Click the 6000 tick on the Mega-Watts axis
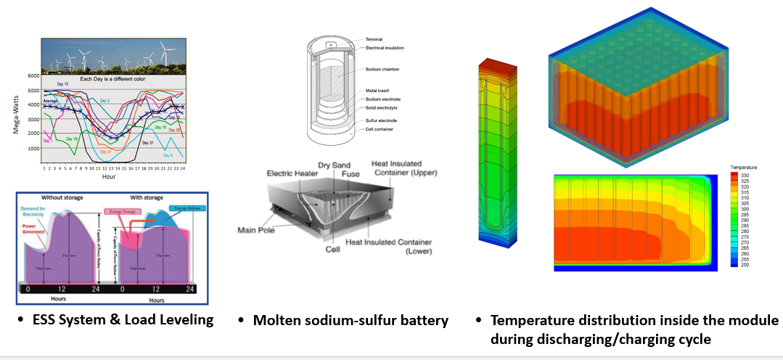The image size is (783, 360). coord(33,75)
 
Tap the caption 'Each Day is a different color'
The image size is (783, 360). coord(115,78)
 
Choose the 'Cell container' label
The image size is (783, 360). coord(381,128)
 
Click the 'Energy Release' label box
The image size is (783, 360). coord(184,208)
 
